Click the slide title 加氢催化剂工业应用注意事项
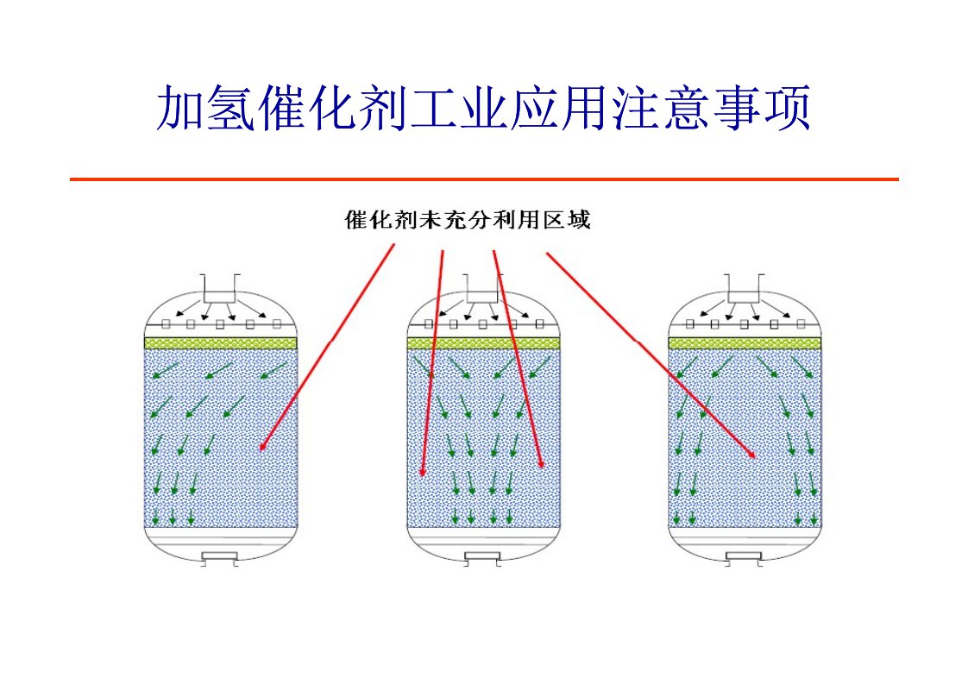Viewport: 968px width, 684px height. pyautogui.click(x=483, y=109)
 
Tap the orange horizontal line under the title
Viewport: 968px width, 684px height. pyautogui.click(x=483, y=179)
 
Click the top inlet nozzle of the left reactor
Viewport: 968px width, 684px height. pyautogui.click(x=221, y=288)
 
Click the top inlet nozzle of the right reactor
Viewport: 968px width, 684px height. pyautogui.click(x=745, y=288)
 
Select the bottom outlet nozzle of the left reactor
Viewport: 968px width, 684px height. pyautogui.click(x=220, y=558)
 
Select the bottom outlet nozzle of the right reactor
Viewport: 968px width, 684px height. pyautogui.click(x=745, y=558)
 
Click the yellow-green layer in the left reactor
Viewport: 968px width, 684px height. pyautogui.click(x=220, y=343)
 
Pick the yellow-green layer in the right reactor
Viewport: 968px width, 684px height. pyautogui.click(x=745, y=343)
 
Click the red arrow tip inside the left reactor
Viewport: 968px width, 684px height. pyautogui.click(x=261, y=449)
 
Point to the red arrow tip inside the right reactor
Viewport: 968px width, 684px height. pyautogui.click(x=755, y=456)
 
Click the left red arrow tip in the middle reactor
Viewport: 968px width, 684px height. pyautogui.click(x=423, y=474)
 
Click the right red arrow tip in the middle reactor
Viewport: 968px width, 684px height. pyautogui.click(x=542, y=468)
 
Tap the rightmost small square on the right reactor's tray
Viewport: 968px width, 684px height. pyautogui.click(x=802, y=324)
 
